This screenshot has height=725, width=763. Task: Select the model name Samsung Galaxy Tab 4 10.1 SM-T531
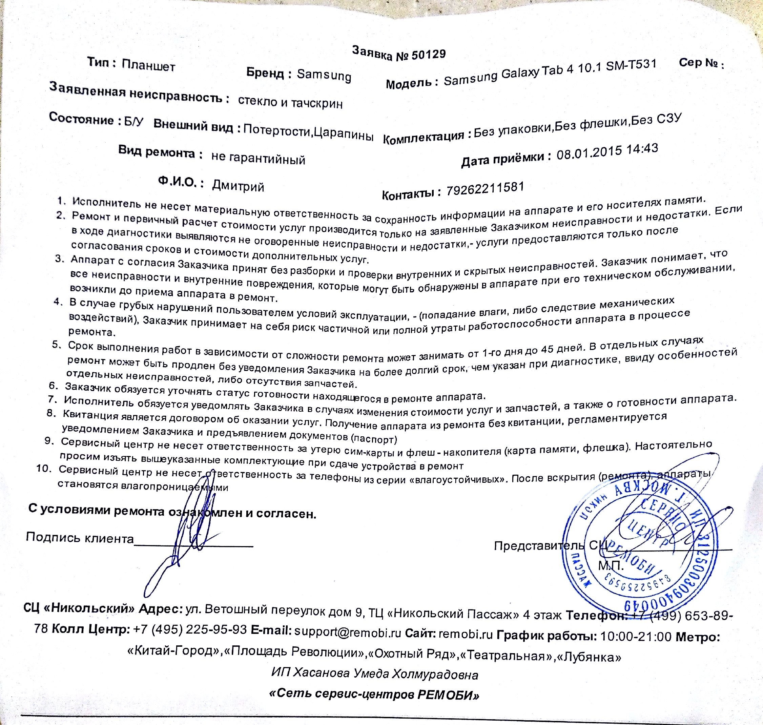point(550,72)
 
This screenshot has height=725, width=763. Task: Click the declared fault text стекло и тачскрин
point(290,102)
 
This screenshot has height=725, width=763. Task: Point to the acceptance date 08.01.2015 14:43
point(607,152)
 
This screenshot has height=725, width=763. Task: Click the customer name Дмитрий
point(238,186)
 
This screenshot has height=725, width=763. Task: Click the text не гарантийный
point(258,158)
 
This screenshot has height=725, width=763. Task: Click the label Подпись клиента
point(80,538)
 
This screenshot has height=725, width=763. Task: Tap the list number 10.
point(44,469)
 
